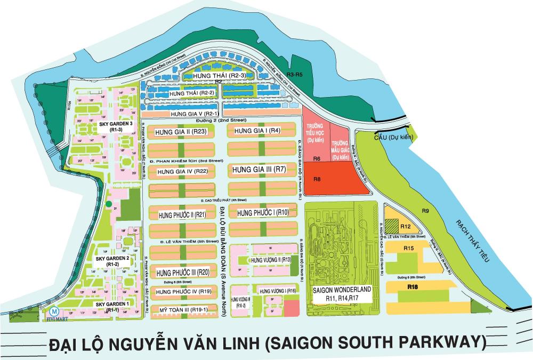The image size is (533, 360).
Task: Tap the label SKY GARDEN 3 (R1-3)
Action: tap(116, 126)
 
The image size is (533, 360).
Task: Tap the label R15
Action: tap(409, 249)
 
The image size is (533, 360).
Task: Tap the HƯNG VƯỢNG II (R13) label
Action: tap(270, 259)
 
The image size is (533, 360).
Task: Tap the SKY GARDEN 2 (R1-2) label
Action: tap(112, 261)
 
